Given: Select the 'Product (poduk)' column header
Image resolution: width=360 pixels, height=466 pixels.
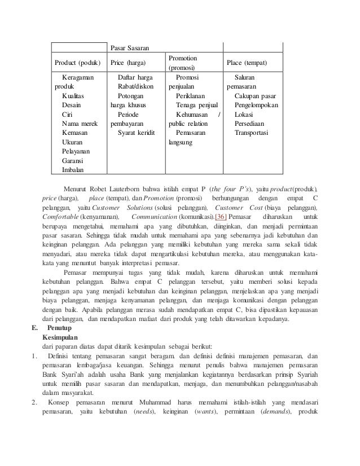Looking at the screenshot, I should point(76,62).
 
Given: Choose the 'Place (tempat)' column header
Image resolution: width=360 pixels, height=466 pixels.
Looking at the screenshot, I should point(247,62).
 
